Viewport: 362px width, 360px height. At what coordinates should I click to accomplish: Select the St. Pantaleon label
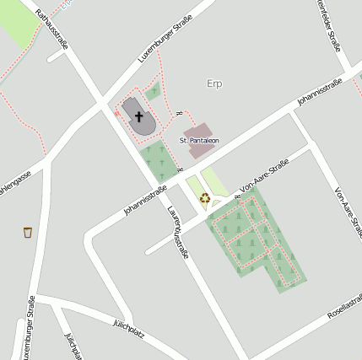pos(199,139)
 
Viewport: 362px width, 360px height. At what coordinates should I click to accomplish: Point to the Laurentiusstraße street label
pos(176,233)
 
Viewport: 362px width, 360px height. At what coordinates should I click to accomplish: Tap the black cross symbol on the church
pos(138,116)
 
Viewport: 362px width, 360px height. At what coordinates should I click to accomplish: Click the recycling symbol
pos(205,200)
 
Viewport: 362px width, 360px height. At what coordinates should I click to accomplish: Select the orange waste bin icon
pos(29,231)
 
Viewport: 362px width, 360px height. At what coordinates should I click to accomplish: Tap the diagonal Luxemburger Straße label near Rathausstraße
pos(165,38)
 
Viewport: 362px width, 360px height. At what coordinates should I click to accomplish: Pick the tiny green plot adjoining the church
pos(152,92)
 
